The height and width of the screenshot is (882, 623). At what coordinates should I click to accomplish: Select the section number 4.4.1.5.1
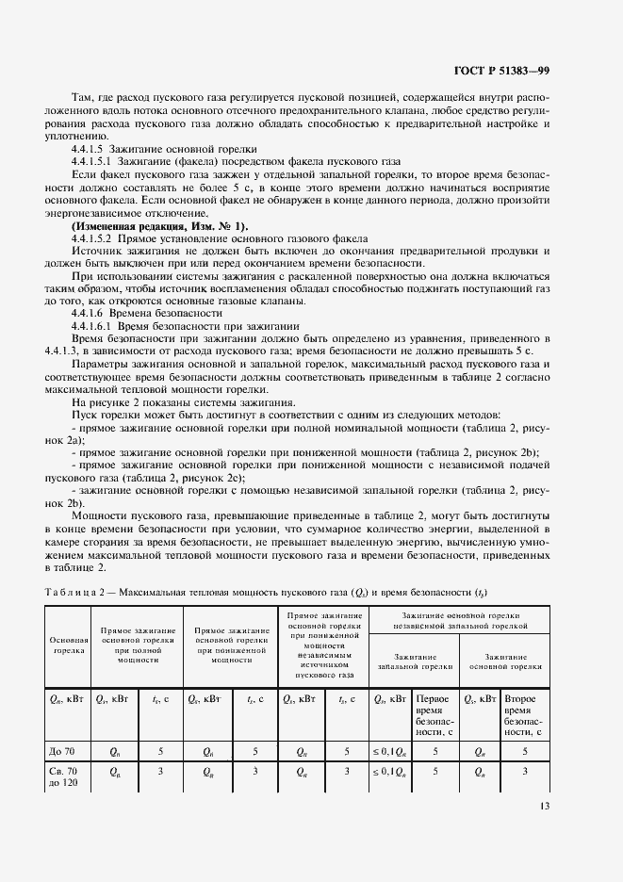[99, 161]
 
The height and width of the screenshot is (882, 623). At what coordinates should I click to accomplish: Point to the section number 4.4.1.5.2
[99, 239]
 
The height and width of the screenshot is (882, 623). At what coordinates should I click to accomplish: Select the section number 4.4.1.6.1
[99, 324]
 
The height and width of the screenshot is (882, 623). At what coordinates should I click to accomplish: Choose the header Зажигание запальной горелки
[415, 660]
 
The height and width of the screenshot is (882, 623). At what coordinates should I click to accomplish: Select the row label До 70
[60, 751]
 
